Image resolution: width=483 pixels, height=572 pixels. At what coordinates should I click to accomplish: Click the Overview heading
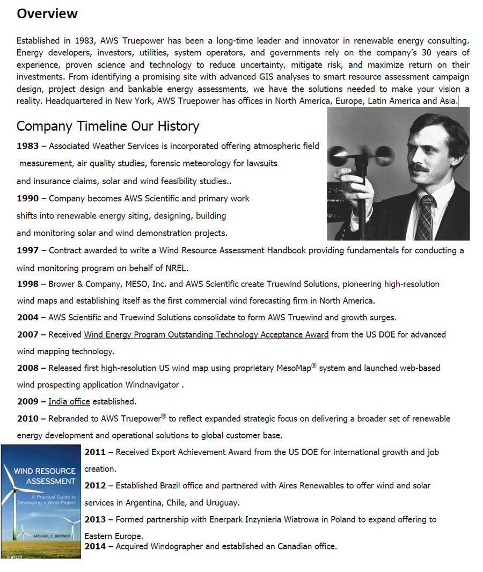click(x=47, y=14)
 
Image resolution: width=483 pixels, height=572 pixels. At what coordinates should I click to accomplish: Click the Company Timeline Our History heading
click(x=108, y=126)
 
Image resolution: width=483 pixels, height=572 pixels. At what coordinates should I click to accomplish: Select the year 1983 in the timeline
click(x=27, y=146)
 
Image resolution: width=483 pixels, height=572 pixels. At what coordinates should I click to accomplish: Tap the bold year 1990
click(x=27, y=199)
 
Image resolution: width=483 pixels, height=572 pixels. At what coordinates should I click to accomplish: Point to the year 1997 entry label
click(x=27, y=251)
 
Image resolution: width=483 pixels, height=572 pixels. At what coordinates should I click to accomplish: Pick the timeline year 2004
click(x=27, y=318)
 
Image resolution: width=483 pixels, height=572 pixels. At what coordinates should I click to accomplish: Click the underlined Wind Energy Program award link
click(x=206, y=335)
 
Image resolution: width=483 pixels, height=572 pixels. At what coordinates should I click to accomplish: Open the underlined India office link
click(x=69, y=402)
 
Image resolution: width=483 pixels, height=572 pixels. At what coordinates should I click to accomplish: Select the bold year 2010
click(x=27, y=419)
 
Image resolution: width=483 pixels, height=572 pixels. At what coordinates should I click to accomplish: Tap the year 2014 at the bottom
click(x=96, y=547)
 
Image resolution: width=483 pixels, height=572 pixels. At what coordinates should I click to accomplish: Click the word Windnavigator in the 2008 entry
click(x=153, y=385)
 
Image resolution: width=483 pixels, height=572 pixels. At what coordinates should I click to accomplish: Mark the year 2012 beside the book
click(x=96, y=486)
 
